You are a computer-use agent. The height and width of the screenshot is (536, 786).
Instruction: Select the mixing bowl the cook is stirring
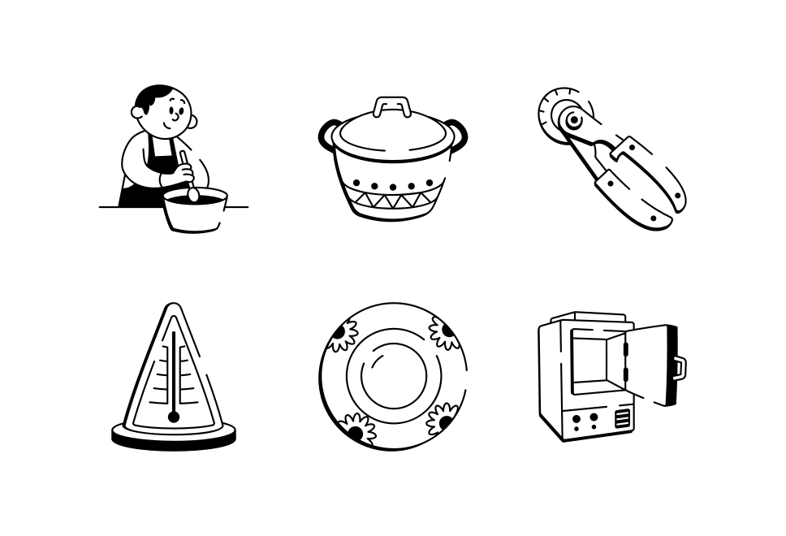click(x=194, y=213)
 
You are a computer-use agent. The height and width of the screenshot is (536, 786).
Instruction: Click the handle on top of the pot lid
click(x=392, y=106)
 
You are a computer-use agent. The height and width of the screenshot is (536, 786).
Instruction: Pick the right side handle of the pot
click(x=457, y=132)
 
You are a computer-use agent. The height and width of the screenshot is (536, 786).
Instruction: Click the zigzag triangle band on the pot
click(x=393, y=198)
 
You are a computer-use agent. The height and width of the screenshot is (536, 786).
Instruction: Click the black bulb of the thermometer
click(x=174, y=417)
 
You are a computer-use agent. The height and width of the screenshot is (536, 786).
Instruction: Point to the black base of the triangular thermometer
click(x=173, y=439)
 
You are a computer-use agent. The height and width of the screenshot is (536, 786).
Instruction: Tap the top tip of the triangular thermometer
click(x=173, y=309)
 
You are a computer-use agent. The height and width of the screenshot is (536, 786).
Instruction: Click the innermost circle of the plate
click(x=393, y=376)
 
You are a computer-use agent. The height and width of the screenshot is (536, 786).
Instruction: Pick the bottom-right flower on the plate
click(x=442, y=419)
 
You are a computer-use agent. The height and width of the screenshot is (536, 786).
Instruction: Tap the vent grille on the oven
click(x=622, y=419)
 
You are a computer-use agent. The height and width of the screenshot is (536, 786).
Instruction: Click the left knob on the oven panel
click(x=576, y=418)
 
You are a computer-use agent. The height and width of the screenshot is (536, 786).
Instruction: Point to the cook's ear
click(x=192, y=122)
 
